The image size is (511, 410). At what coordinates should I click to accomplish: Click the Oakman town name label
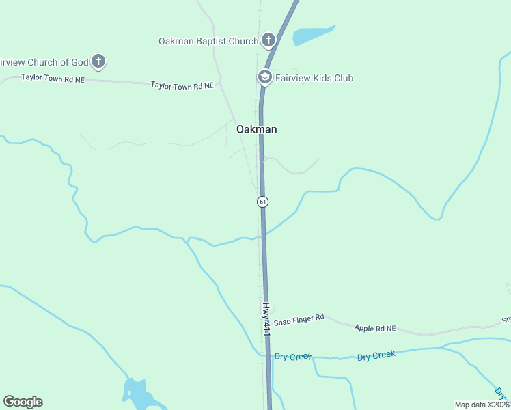click(x=257, y=129)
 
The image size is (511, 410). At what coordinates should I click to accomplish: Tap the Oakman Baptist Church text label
click(x=208, y=41)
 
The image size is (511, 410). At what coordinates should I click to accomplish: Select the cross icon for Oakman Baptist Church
click(x=268, y=40)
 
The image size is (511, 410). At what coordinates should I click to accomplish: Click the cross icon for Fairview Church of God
click(x=98, y=62)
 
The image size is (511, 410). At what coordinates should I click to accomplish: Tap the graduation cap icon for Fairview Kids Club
click(x=264, y=77)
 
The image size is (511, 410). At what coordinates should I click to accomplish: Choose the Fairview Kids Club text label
click(x=314, y=78)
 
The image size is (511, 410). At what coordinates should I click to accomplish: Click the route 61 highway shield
click(x=262, y=202)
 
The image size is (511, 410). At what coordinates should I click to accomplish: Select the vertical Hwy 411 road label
click(x=267, y=318)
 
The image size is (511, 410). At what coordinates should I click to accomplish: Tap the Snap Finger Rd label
click(x=299, y=320)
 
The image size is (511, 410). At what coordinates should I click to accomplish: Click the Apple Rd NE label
click(x=375, y=328)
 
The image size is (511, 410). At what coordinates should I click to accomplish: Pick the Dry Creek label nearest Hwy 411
click(x=293, y=357)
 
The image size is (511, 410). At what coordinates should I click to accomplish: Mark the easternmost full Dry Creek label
click(x=376, y=355)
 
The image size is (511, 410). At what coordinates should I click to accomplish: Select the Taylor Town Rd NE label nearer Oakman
click(x=182, y=85)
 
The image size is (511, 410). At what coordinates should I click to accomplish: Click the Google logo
click(x=23, y=402)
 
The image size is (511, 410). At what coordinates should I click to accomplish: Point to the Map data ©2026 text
click(x=482, y=405)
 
